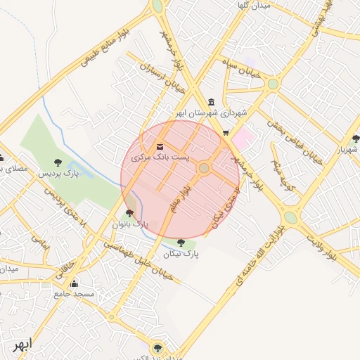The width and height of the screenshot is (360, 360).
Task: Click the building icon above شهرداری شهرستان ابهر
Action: click(x=212, y=102)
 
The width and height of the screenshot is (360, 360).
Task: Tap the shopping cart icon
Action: click(x=225, y=132)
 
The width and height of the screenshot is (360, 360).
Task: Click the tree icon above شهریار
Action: click(x=355, y=139)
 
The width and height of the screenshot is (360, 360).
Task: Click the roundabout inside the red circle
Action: click(x=204, y=168)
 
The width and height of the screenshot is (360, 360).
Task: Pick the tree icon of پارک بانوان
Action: click(x=129, y=213)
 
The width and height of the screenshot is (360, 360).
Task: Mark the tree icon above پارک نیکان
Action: click(x=181, y=243)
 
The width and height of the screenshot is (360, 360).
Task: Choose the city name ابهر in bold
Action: click(x=22, y=346)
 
